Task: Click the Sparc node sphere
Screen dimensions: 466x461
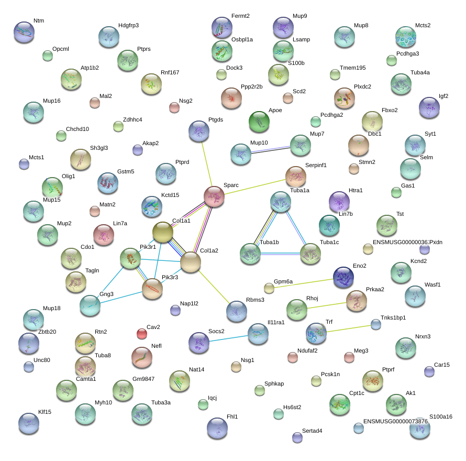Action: (214, 196)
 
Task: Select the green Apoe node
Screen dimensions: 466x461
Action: (259, 122)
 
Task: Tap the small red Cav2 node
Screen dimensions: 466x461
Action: (141, 333)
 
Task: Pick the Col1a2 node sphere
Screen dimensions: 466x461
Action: (191, 262)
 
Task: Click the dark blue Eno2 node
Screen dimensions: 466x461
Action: (343, 277)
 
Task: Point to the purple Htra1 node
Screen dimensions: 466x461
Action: (339, 202)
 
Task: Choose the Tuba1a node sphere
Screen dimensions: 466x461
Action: (281, 202)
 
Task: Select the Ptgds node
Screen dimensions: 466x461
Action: (199, 131)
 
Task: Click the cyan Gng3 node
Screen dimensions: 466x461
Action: (90, 305)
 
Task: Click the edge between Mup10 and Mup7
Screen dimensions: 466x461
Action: (271, 150)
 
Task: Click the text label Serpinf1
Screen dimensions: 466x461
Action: (316, 165)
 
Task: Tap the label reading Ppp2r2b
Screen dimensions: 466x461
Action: (251, 86)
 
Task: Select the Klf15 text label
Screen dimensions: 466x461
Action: (45, 412)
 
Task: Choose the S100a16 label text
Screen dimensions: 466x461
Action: (440, 416)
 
